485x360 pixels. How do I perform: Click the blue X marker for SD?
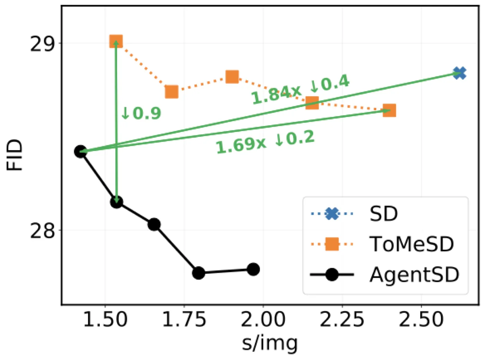(x=460, y=73)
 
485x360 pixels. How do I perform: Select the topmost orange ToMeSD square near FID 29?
(x=116, y=41)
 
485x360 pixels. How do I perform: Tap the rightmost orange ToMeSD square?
(x=389, y=111)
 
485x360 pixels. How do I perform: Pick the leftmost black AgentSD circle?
(x=80, y=151)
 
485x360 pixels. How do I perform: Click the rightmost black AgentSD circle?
(x=253, y=269)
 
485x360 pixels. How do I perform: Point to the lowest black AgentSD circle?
(x=199, y=273)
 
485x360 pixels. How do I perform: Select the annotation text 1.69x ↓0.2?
(x=265, y=142)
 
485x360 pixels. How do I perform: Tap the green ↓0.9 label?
(x=141, y=113)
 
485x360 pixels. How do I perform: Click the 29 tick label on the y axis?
(x=42, y=44)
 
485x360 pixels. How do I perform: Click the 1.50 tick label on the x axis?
(x=105, y=319)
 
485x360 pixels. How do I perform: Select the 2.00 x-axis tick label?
(x=263, y=319)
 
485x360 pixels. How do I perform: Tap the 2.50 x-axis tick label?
(x=421, y=319)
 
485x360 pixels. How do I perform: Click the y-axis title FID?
(x=14, y=155)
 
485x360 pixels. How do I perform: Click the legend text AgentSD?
(x=415, y=274)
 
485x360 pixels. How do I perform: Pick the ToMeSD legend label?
(x=412, y=244)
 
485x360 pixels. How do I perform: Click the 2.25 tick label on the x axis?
(x=342, y=319)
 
